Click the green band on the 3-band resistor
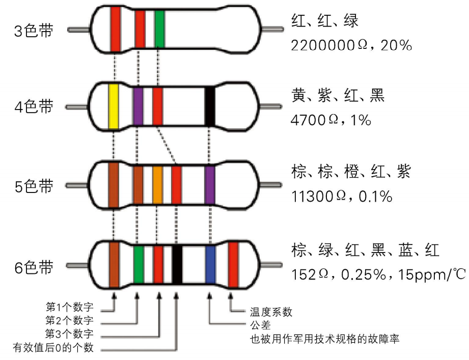(x=160, y=29)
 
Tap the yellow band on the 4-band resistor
(x=114, y=107)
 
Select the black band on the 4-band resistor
(x=210, y=106)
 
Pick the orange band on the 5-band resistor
(x=158, y=185)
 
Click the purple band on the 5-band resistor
(x=210, y=185)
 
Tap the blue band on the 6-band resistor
(x=211, y=264)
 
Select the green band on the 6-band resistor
(x=139, y=264)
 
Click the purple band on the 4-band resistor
(x=138, y=106)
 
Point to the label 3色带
(x=34, y=31)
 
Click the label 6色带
(x=34, y=267)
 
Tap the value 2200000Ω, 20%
(x=351, y=46)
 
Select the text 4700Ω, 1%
(x=331, y=120)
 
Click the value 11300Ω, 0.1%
(x=342, y=197)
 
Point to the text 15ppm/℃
(x=432, y=274)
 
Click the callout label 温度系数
(x=271, y=312)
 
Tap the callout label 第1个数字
(x=70, y=307)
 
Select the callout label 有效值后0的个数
(x=53, y=347)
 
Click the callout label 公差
(x=261, y=325)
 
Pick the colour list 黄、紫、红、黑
(x=338, y=95)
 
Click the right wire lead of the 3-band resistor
(x=272, y=29)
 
